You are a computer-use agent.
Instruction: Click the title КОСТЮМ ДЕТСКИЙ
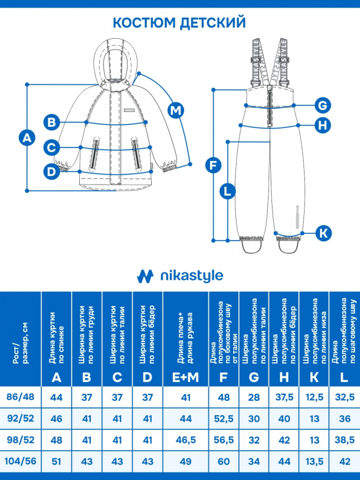pyautogui.click(x=179, y=23)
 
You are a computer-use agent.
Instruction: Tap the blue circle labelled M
pyautogui.click(x=176, y=110)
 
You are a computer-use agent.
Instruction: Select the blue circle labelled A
pyautogui.click(x=27, y=138)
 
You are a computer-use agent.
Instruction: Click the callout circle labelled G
pyautogui.click(x=322, y=106)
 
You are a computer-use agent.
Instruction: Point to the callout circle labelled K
pyautogui.click(x=323, y=233)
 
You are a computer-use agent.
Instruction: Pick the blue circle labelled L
pyautogui.click(x=228, y=192)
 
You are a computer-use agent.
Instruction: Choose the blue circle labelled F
pyautogui.click(x=213, y=165)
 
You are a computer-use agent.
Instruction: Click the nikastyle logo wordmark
pyautogui.click(x=192, y=276)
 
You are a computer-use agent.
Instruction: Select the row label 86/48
pyautogui.click(x=20, y=397)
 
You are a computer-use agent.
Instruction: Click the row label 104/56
pyautogui.click(x=20, y=461)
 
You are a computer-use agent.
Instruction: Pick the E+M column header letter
pyautogui.click(x=186, y=377)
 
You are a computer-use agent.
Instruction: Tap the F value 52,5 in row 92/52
pyautogui.click(x=224, y=418)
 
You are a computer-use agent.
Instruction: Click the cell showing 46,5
pyautogui.click(x=186, y=440)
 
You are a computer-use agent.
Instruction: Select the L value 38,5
pyautogui.click(x=344, y=440)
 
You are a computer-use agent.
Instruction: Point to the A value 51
pyautogui.click(x=56, y=461)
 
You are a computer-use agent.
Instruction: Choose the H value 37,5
pyautogui.click(x=284, y=397)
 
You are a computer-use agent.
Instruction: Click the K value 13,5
pyautogui.click(x=315, y=461)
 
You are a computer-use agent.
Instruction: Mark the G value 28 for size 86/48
pyautogui.click(x=254, y=397)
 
